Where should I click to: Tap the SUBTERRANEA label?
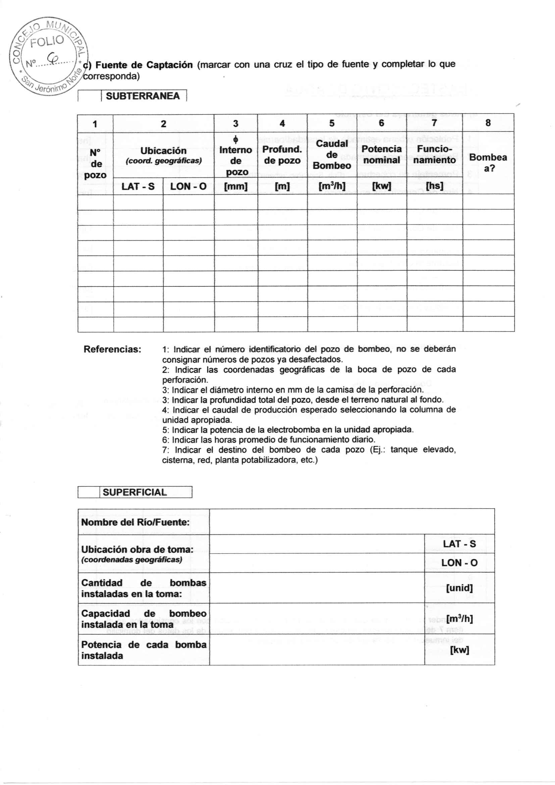pos(143,96)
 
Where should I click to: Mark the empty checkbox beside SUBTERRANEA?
pos(89,96)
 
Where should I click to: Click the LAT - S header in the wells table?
pos(138,187)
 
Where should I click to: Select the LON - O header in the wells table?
pos(188,187)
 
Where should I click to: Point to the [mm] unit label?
pos(236,187)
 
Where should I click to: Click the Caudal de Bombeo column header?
pos(332,154)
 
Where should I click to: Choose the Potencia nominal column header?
pos(382,154)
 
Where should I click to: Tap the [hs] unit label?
pos(434,186)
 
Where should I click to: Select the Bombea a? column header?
pos(488,163)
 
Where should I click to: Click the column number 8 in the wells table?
pos(488,123)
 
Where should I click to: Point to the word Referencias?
pos(112,350)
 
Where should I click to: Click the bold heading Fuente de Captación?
pos(144,65)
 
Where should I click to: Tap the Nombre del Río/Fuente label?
pos(135,522)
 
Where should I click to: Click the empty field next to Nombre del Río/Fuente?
pos(352,522)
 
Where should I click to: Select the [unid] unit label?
pos(459,588)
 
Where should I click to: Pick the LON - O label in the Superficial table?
pos(459,563)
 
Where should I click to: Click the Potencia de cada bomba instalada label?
pos(144,650)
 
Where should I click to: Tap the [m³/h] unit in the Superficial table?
pos(459,619)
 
